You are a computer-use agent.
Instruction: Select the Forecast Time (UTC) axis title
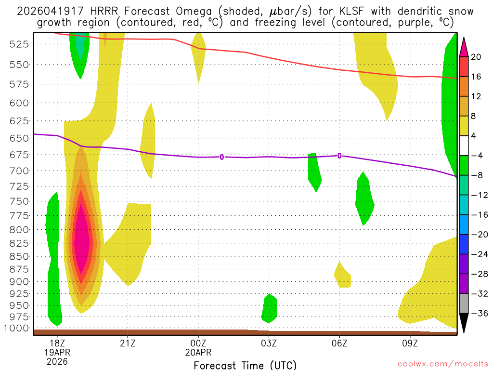[x=245, y=365]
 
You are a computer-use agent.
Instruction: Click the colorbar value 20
[x=476, y=57]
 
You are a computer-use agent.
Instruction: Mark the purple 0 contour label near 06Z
[x=339, y=155]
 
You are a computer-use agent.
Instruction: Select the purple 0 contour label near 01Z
[x=221, y=157]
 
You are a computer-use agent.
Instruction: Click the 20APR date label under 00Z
[x=198, y=352]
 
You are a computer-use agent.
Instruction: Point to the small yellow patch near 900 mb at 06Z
[x=343, y=277]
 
